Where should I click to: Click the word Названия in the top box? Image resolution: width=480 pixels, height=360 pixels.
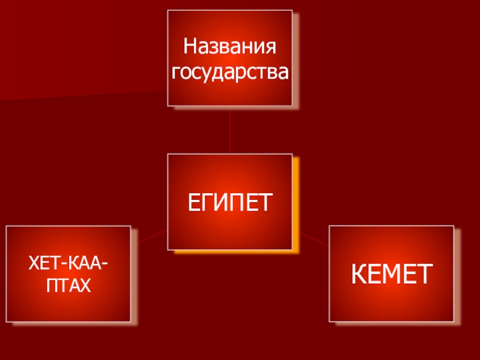(x=230, y=46)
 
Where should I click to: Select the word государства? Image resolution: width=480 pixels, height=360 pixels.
(x=230, y=73)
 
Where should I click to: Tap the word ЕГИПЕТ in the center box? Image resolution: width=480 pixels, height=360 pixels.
(x=230, y=202)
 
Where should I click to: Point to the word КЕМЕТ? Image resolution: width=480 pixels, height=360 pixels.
(x=391, y=274)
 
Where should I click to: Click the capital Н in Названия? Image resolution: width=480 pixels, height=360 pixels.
(x=190, y=46)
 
